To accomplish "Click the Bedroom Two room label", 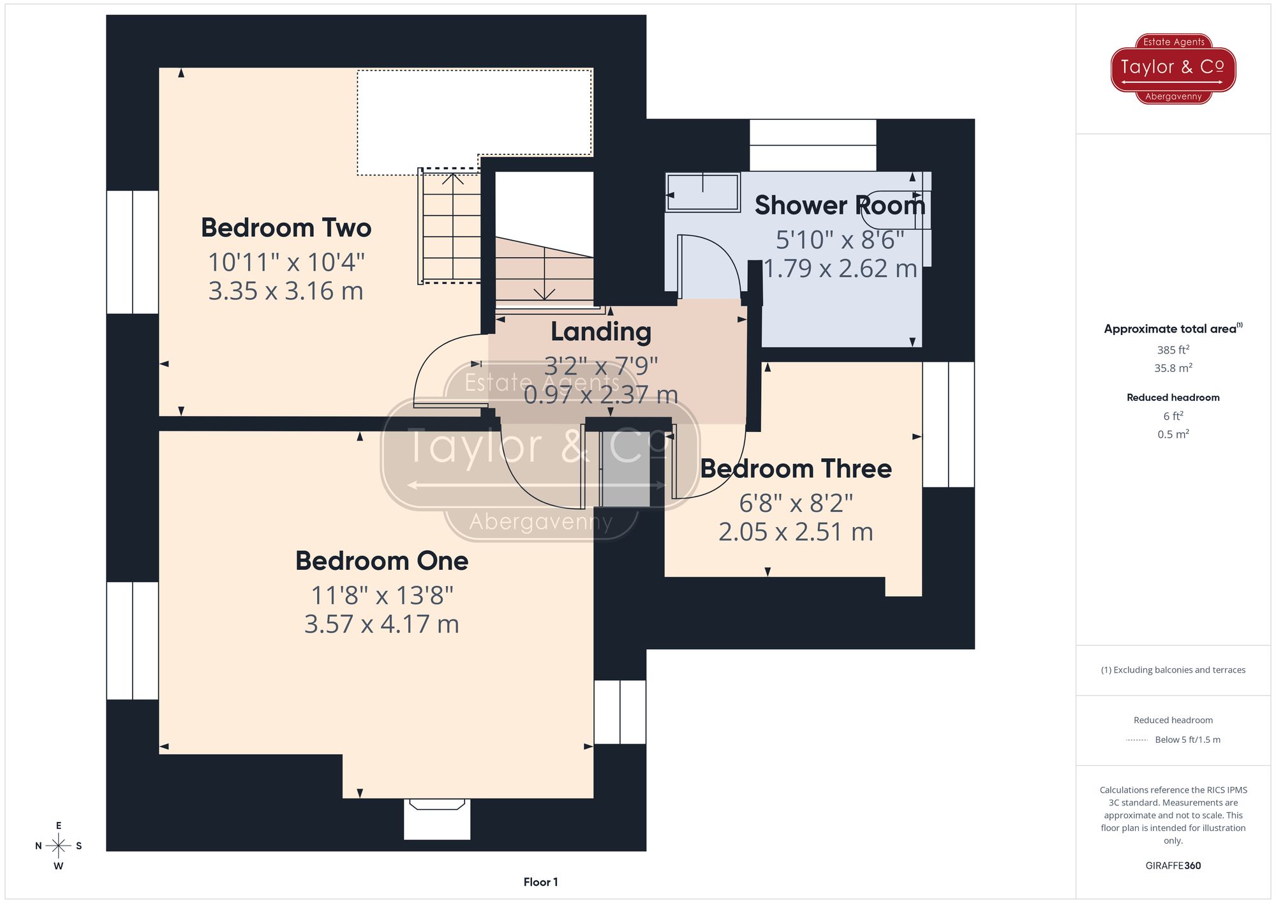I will pyautogui.click(x=286, y=228).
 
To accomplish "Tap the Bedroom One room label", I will pyautogui.click(x=382, y=561).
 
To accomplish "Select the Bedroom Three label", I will pyautogui.click(x=796, y=468).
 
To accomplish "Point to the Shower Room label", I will pyautogui.click(x=839, y=205).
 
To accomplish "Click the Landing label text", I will pyautogui.click(x=600, y=331).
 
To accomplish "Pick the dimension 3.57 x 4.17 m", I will pyautogui.click(x=382, y=624).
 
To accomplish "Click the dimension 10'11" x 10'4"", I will pyautogui.click(x=286, y=262).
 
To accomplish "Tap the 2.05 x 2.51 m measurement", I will pyautogui.click(x=796, y=532).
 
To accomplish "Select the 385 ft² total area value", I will pyautogui.click(x=1173, y=350).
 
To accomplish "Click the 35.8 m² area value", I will pyautogui.click(x=1173, y=368).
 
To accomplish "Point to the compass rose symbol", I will pyautogui.click(x=58, y=846).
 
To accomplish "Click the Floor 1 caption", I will pyautogui.click(x=540, y=882).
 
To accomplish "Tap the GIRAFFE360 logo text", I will pyautogui.click(x=1173, y=865).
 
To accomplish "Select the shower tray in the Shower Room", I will pyautogui.click(x=702, y=191).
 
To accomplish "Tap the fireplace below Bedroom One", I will pyautogui.click(x=437, y=817).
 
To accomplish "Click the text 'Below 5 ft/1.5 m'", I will pyautogui.click(x=1187, y=740).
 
